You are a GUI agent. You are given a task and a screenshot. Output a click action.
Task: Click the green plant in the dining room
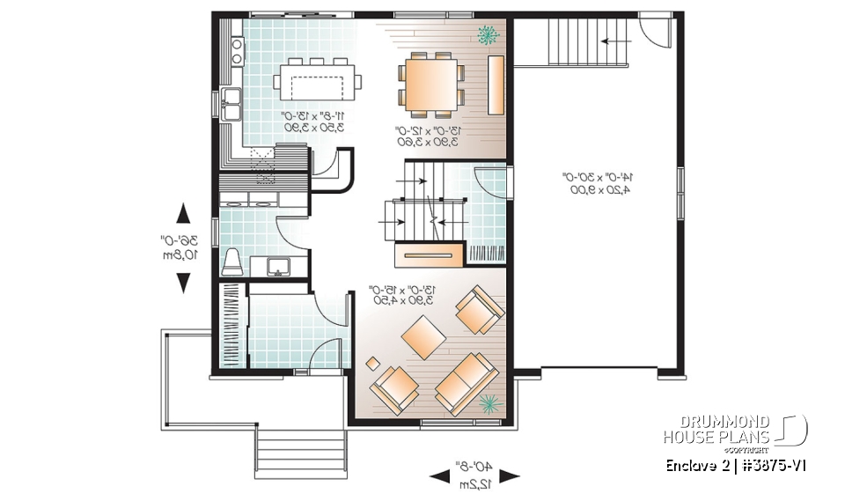pos(486,35)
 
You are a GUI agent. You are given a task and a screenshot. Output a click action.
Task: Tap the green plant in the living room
pos(489,404)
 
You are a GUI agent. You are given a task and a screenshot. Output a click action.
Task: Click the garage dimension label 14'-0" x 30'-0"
pos(597,183)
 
